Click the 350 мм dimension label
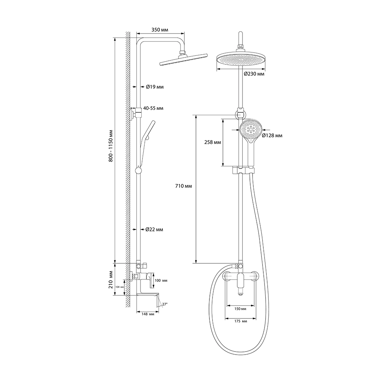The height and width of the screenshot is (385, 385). click(160, 30)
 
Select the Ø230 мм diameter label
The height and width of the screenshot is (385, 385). click(254, 74)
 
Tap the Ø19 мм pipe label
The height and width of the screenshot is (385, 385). click(155, 87)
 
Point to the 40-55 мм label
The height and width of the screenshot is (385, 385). click(153, 108)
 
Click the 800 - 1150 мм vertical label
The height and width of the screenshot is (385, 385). click(111, 146)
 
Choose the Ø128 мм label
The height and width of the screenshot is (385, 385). click(272, 136)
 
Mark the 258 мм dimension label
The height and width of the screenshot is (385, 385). click(213, 142)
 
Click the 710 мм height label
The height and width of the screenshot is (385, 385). click(183, 186)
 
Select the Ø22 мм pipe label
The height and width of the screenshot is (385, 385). click(154, 229)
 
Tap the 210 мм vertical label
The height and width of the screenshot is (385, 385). click(111, 280)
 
